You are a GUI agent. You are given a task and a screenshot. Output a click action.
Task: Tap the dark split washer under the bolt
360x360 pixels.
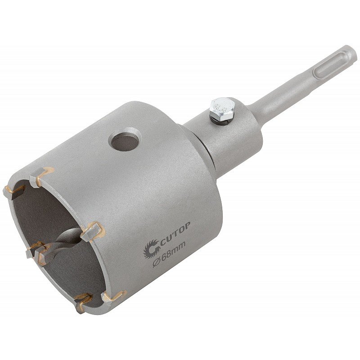point(220,120)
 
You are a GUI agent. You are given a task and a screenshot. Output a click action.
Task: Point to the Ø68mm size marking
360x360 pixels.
point(169,255)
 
